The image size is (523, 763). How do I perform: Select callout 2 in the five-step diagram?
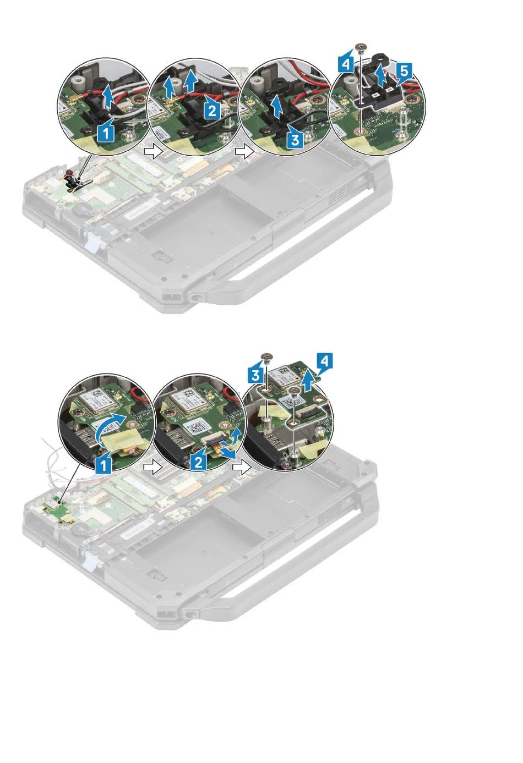(213, 110)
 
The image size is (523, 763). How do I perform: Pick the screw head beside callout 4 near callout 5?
(360, 47)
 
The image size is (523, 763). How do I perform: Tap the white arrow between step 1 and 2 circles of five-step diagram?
(152, 152)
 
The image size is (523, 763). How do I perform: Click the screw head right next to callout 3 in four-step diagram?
(265, 356)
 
